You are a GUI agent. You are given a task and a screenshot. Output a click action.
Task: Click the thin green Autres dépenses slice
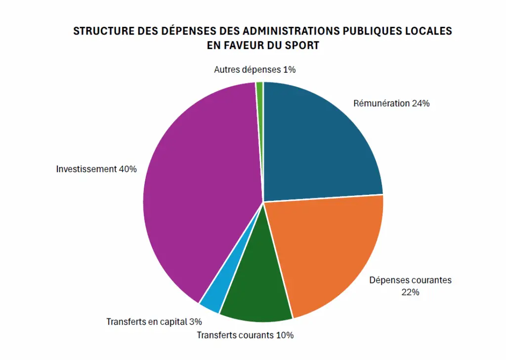tap(259, 88)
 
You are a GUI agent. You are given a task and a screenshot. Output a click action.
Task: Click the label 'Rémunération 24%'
tap(391, 104)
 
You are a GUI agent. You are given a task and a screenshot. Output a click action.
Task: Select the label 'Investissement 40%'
tap(96, 169)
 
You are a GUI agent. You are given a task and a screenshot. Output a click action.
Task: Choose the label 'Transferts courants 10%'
tap(245, 335)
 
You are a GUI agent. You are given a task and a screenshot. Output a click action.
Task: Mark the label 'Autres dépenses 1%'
tap(254, 70)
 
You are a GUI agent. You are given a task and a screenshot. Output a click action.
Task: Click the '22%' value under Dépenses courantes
tap(410, 292)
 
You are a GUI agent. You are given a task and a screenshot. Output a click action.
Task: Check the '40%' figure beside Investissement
tap(127, 169)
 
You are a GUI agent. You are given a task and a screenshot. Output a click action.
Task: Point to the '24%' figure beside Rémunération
tap(421, 104)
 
